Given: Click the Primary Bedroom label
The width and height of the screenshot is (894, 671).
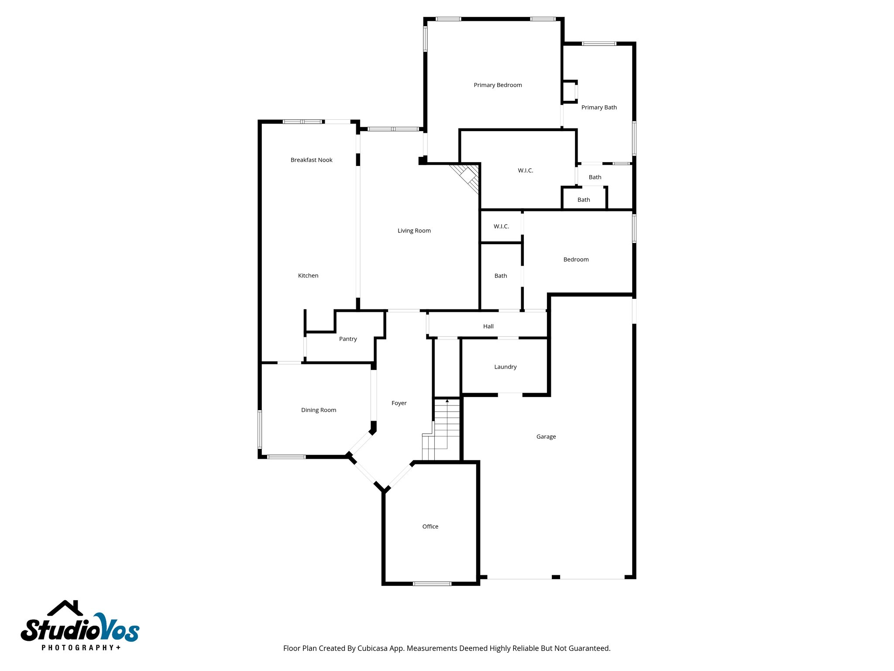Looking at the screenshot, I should click(498, 85).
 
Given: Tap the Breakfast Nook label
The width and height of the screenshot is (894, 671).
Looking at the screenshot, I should click(311, 160).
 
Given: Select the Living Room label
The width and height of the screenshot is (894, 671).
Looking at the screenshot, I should click(414, 231).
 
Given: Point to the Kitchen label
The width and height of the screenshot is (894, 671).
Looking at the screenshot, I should click(308, 276).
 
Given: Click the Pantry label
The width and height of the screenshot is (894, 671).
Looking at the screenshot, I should click(348, 339).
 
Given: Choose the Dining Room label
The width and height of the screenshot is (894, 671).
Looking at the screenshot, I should click(319, 410).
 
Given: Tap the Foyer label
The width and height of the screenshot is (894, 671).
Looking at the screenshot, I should click(399, 403).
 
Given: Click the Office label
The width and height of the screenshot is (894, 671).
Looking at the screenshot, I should click(430, 527).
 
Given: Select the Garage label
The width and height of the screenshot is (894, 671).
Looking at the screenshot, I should click(546, 437).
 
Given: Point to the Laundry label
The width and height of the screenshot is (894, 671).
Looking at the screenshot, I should click(505, 367).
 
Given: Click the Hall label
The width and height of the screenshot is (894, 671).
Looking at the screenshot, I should click(488, 326).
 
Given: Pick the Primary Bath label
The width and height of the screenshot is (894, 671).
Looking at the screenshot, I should click(599, 107).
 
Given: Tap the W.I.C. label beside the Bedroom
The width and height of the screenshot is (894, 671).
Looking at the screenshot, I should click(501, 226).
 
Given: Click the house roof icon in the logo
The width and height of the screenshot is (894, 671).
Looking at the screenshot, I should click(65, 608).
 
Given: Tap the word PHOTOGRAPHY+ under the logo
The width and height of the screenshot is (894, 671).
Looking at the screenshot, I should click(81, 647).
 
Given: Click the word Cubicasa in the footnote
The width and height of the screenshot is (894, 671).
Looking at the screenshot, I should click(373, 648).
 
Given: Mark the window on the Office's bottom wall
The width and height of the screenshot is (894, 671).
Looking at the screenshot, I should click(432, 584).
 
